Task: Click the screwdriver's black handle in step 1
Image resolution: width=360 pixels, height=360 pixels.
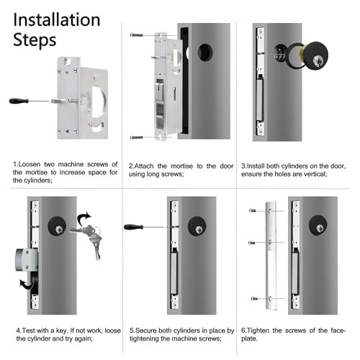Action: click(19, 101)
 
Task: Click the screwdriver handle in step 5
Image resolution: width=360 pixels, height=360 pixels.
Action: click(133, 228)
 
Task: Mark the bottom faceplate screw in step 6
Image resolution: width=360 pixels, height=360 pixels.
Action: click(253, 297)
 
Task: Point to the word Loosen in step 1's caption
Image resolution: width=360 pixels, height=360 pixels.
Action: click(32, 165)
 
